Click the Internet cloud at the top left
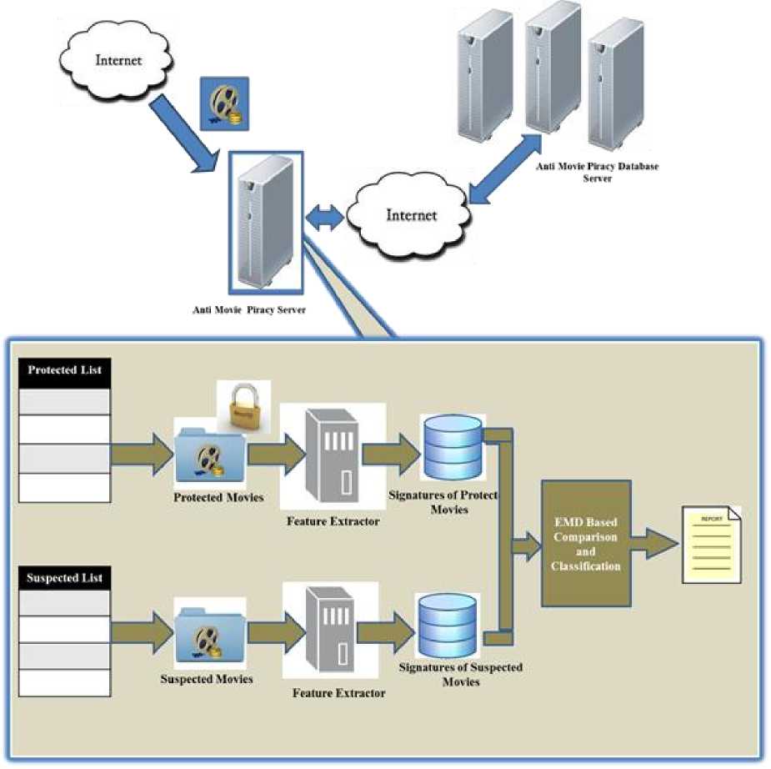(x=118, y=59)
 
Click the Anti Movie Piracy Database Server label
(x=597, y=172)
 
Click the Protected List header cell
(x=64, y=369)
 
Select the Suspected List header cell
(x=64, y=578)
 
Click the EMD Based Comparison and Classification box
(x=585, y=542)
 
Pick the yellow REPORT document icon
(x=711, y=543)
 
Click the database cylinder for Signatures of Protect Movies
(x=451, y=447)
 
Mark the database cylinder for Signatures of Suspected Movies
(x=448, y=626)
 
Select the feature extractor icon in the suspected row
(x=331, y=634)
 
